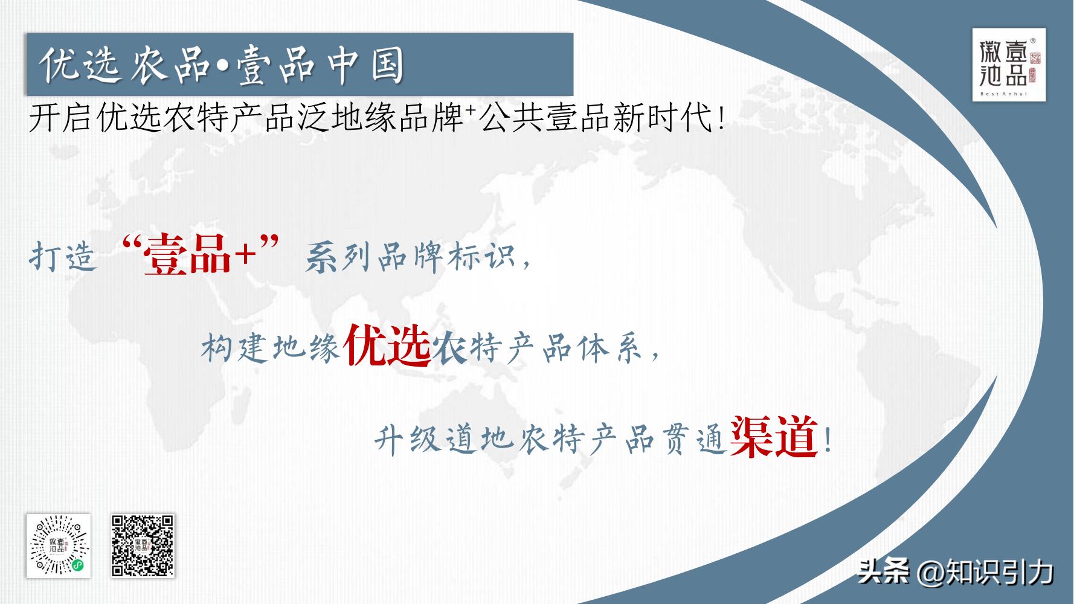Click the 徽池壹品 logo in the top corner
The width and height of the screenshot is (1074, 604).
(x=1008, y=64)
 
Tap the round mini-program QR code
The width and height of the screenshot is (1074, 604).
(x=59, y=545)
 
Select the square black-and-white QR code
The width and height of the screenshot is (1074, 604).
(x=143, y=545)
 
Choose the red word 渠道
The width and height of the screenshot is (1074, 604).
(x=774, y=439)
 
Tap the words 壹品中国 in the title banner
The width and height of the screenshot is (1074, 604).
(x=320, y=65)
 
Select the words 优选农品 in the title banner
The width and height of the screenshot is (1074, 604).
(x=123, y=65)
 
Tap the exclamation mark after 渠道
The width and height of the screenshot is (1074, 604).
(x=827, y=441)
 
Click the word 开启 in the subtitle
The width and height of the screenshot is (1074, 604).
(x=60, y=119)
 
